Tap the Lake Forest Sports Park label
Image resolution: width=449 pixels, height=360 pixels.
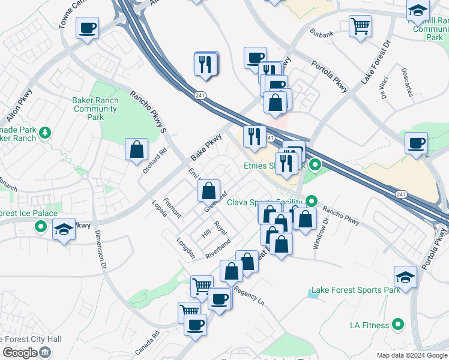pyautogui.click(x=366, y=290)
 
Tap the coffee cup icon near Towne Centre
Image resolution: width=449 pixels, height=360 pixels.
pyautogui.click(x=87, y=28)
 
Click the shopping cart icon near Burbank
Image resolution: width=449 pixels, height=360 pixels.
pyautogui.click(x=360, y=25)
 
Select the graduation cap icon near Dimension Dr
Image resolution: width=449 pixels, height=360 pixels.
pyautogui.click(x=63, y=229)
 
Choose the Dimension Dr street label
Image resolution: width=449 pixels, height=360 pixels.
pyautogui.click(x=101, y=250)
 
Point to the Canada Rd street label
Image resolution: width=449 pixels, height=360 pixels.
pyautogui.click(x=147, y=343)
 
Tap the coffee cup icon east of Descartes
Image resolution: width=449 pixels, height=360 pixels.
pyautogui.click(x=416, y=143)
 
